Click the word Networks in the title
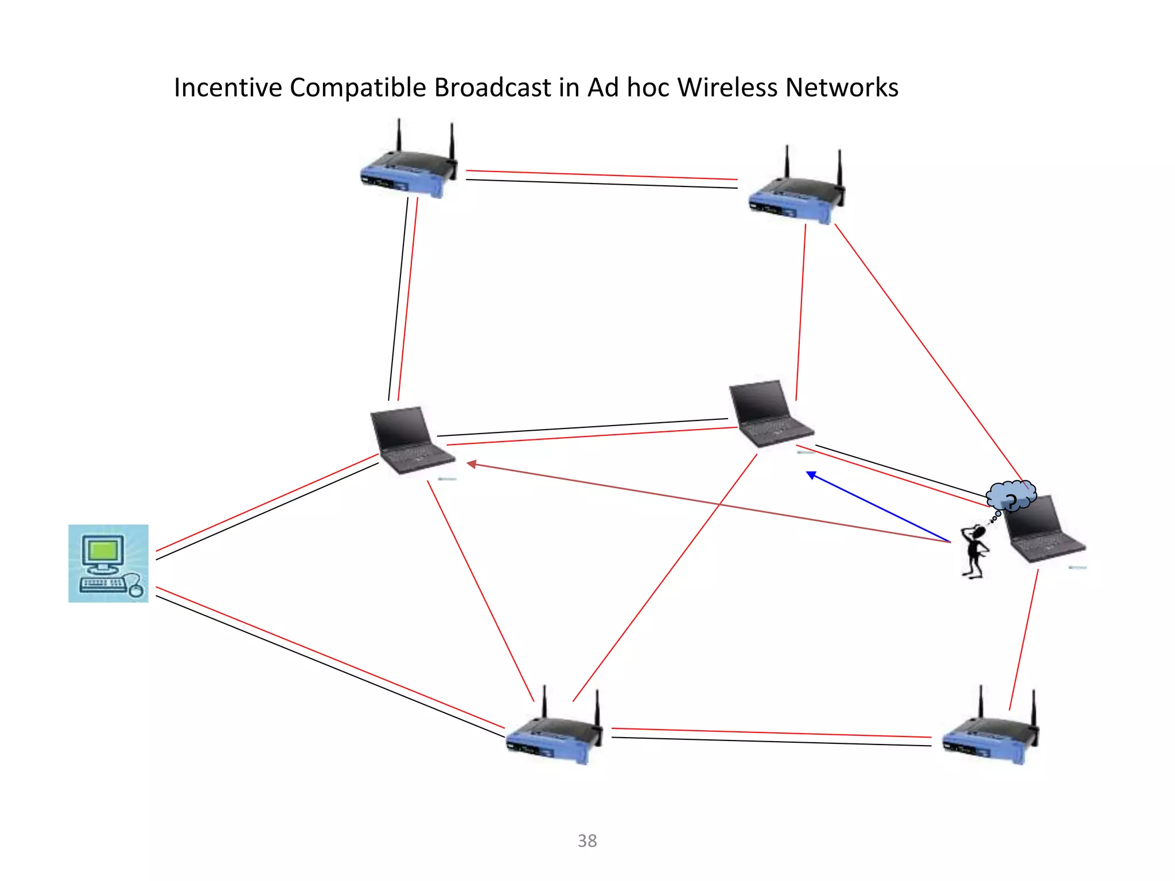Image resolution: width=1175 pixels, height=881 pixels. click(x=841, y=88)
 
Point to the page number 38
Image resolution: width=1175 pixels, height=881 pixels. click(x=587, y=841)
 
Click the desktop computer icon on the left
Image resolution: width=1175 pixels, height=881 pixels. click(x=108, y=563)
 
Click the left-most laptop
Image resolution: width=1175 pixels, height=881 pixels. click(x=410, y=440)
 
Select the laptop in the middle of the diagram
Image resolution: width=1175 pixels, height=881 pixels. click(x=769, y=413)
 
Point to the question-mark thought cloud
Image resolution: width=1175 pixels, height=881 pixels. click(x=1011, y=495)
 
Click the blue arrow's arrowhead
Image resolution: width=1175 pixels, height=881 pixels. click(x=811, y=475)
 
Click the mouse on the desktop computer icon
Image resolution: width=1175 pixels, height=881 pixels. click(x=136, y=589)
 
